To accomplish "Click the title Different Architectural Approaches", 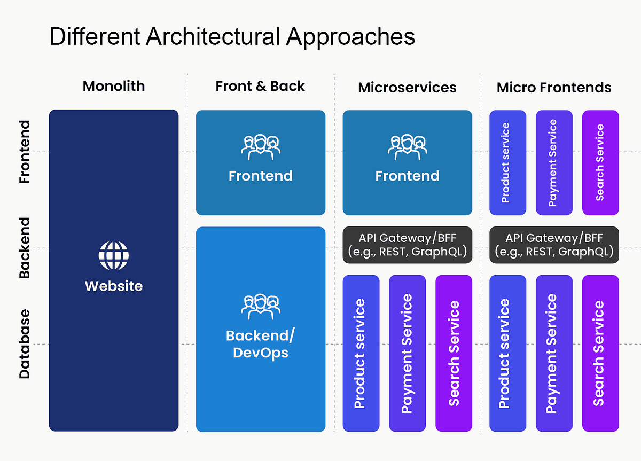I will pos(232,37).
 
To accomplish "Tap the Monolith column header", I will pos(113,86).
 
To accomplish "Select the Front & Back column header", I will pos(260,87).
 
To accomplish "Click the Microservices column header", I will pos(407,87).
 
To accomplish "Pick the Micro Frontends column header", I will pos(554,87).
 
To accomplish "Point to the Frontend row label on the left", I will pos(25,152).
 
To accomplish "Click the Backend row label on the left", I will pos(25,248).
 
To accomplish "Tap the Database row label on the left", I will pos(25,344).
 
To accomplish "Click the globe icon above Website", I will pos(113,255).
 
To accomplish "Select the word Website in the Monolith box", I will pos(113,286).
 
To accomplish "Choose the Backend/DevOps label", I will pos(260,344).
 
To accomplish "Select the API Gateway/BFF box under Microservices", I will pos(407,245).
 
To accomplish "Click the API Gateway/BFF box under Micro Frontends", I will pos(554,245).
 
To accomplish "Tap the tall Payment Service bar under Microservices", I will pos(407,353).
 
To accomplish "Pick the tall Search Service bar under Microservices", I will pos(454,353).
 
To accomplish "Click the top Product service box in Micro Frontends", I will pos(507,162).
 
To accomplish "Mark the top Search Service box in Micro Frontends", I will pos(600,162).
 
